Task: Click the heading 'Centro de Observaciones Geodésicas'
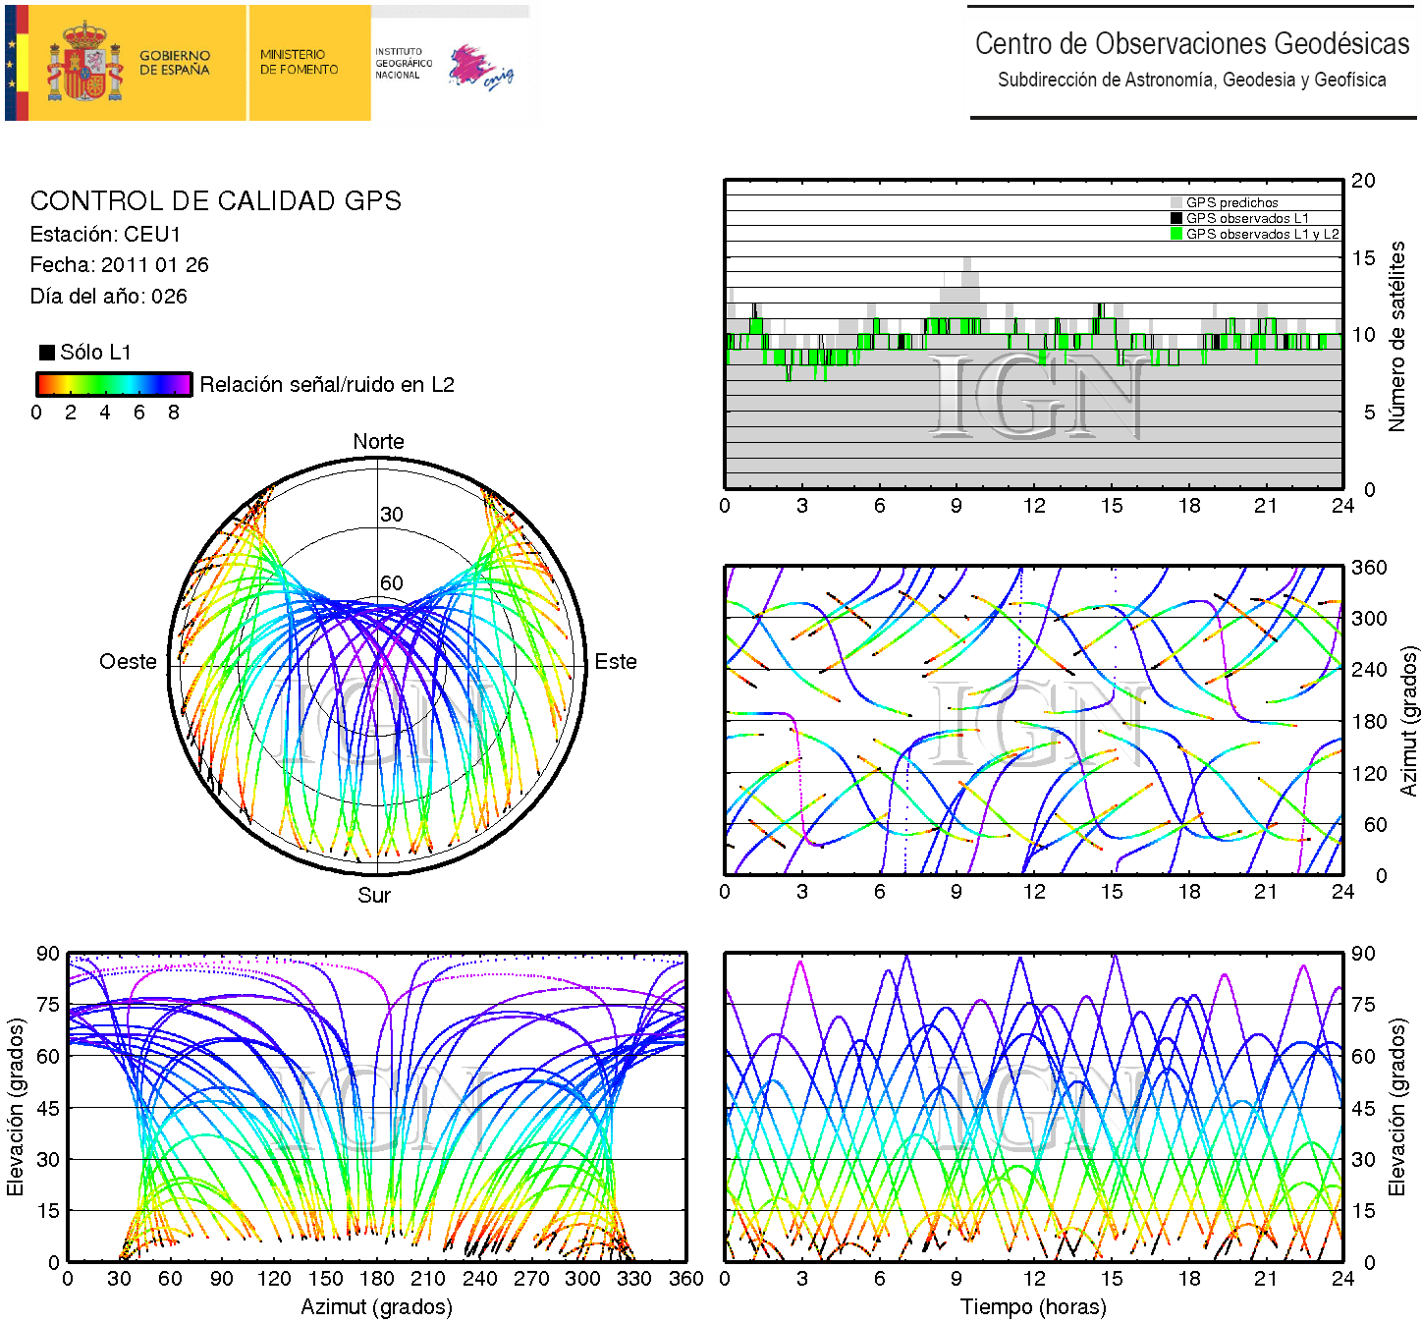1191,44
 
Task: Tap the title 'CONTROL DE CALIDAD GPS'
216,201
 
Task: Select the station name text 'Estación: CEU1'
106,235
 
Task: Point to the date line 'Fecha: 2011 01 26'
119,265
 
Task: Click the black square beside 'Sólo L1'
47,353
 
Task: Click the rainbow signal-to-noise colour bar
114,384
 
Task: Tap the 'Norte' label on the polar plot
378,442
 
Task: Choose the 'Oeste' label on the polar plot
128,662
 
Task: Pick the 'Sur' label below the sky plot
374,895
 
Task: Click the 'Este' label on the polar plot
616,662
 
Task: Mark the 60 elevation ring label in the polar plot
392,583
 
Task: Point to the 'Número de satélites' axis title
1396,336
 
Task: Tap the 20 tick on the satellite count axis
1363,181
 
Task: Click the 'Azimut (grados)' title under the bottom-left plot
376,1307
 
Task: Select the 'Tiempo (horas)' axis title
1033,1307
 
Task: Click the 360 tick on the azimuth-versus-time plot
1369,568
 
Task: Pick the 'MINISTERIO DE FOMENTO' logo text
299,63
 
